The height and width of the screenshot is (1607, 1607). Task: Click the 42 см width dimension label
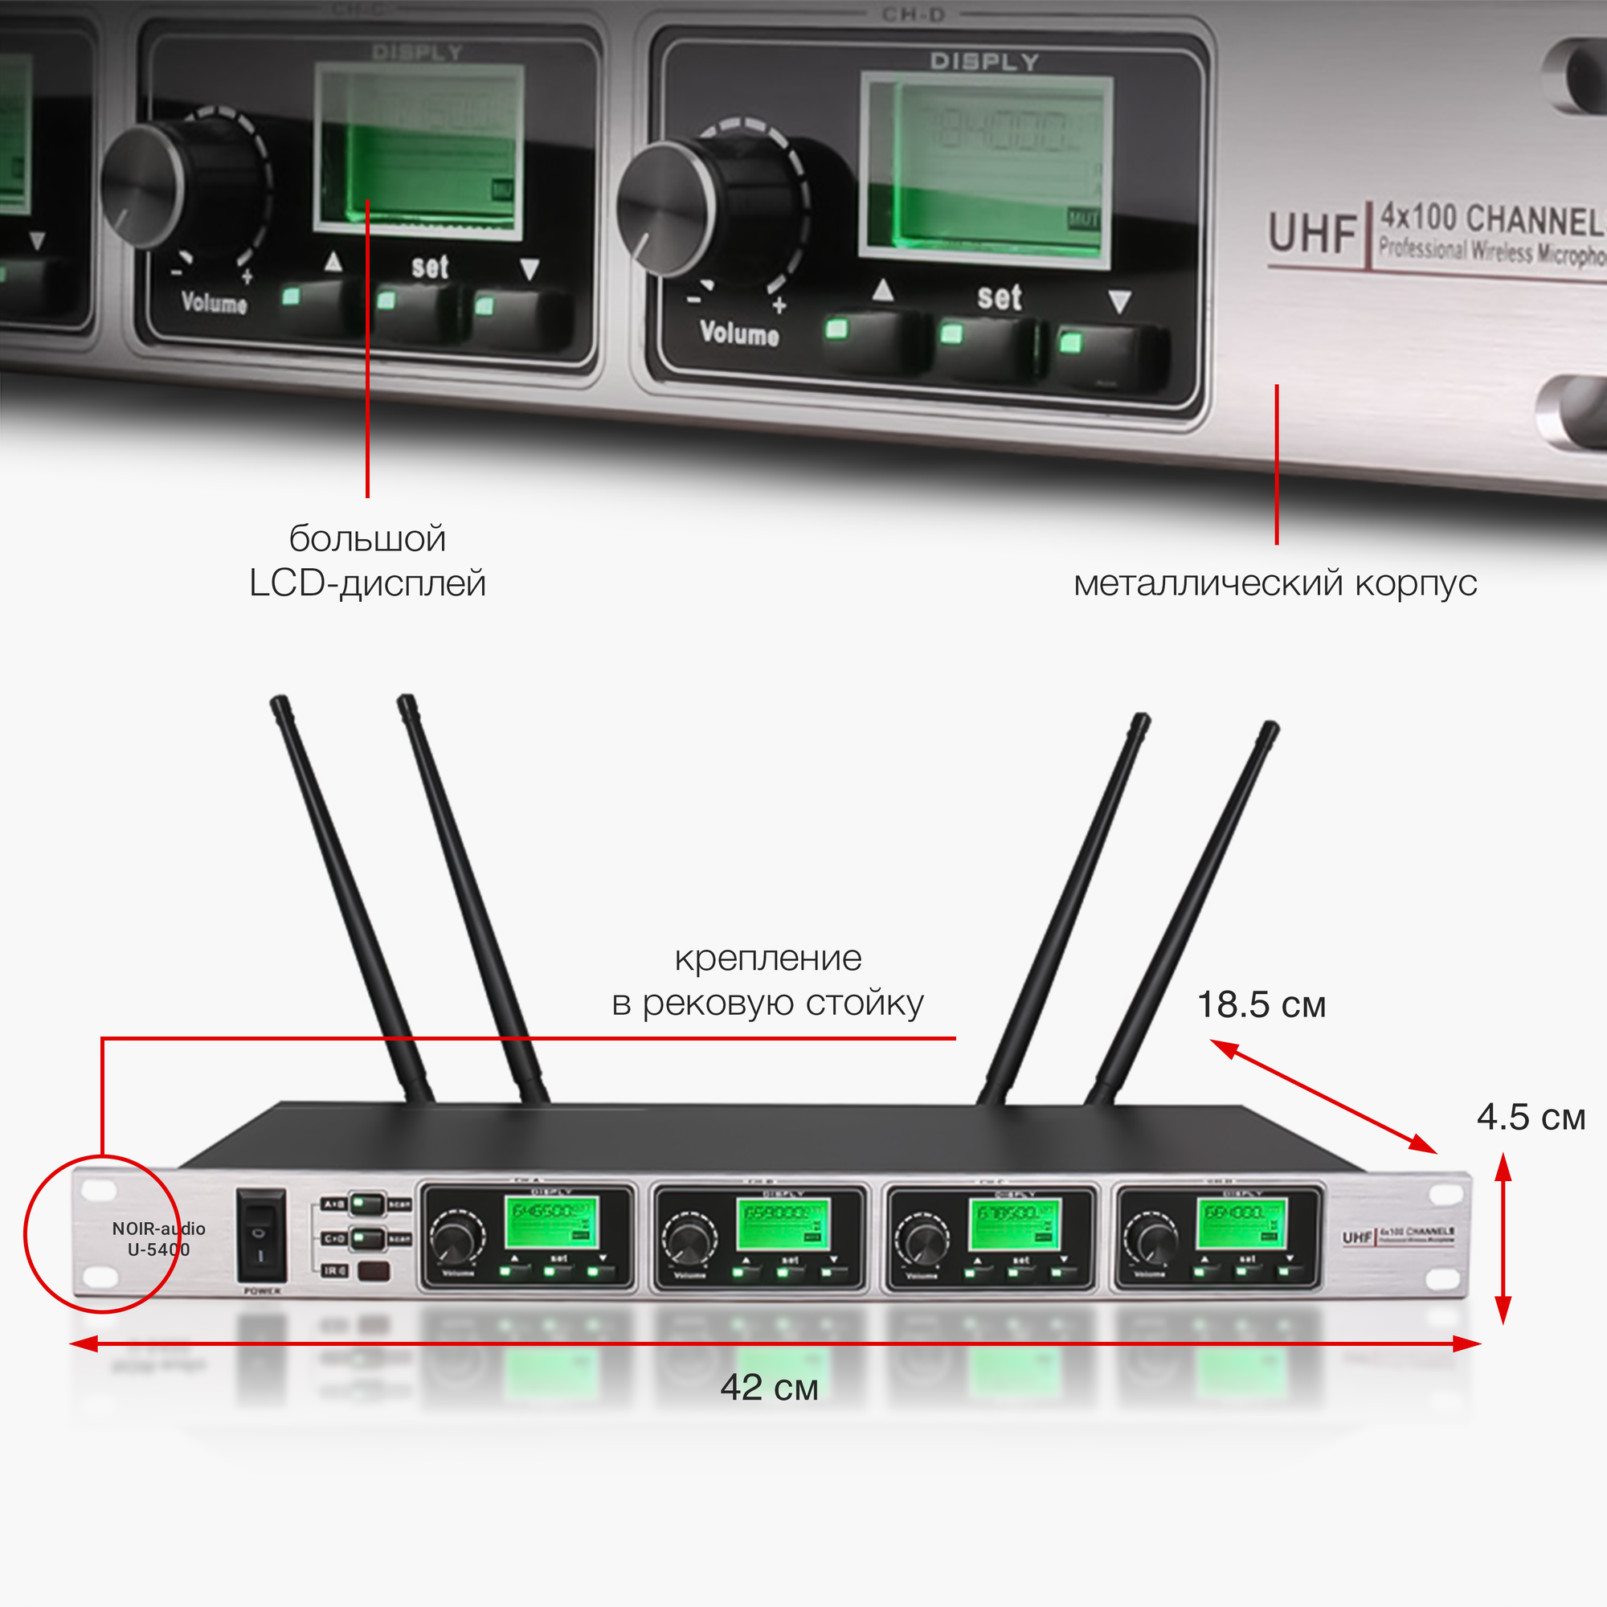click(x=769, y=1388)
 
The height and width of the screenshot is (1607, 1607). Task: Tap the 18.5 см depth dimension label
click(x=1260, y=1005)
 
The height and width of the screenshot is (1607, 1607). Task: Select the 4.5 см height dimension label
click(x=1531, y=1117)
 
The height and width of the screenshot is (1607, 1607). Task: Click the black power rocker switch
click(x=261, y=1234)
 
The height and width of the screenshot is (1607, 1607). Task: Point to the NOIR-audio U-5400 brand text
click(x=158, y=1238)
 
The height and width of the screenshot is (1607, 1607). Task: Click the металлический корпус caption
click(x=1274, y=583)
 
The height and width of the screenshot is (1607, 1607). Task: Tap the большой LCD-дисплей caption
click(x=368, y=561)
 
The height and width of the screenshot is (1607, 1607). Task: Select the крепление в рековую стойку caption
click(x=767, y=980)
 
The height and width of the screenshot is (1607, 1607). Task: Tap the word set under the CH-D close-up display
click(x=999, y=297)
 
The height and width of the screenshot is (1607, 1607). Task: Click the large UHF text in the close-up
click(x=1313, y=233)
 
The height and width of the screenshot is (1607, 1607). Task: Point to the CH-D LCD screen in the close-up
click(x=986, y=170)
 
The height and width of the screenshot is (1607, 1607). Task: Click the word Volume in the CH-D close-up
click(x=738, y=333)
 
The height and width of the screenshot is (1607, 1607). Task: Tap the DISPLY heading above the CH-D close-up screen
click(x=984, y=62)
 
